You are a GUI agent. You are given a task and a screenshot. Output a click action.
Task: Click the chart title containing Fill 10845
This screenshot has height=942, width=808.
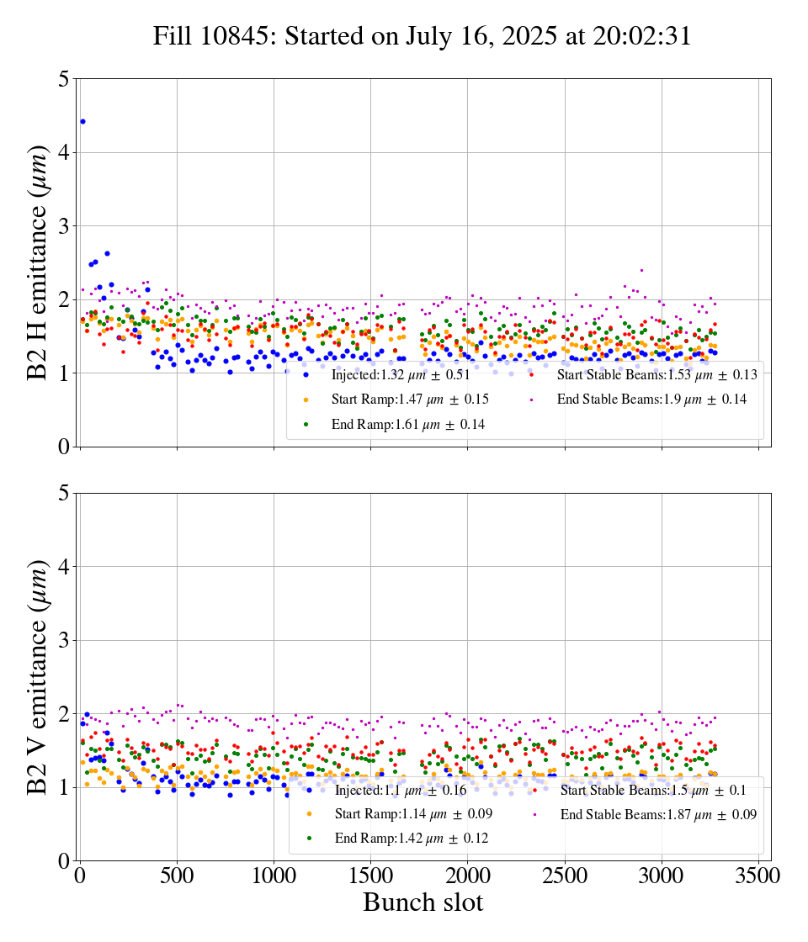click(x=422, y=36)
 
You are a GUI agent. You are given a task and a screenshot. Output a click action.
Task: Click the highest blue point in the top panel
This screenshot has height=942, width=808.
click(x=82, y=122)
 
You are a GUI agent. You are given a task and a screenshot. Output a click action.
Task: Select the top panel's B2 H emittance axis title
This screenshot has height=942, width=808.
click(x=39, y=262)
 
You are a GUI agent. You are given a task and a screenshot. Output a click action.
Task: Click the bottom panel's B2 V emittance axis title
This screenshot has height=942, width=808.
click(x=39, y=676)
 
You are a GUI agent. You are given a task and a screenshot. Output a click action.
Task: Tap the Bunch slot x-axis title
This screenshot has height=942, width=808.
click(x=423, y=902)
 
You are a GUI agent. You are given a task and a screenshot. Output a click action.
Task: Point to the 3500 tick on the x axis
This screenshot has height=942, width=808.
click(x=758, y=875)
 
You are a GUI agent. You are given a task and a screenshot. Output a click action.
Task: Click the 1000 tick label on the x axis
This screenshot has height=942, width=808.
click(x=274, y=875)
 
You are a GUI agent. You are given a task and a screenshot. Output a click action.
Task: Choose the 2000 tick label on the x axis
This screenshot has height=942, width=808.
click(x=468, y=875)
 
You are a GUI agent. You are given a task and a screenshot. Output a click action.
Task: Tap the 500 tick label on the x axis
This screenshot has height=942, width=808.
click(x=177, y=875)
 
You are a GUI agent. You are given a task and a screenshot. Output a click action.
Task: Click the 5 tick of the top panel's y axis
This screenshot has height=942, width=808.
click(x=63, y=79)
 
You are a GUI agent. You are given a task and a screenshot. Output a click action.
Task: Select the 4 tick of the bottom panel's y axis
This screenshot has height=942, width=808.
click(x=63, y=567)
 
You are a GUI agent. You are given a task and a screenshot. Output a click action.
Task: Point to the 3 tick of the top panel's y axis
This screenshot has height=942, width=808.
click(x=63, y=226)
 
